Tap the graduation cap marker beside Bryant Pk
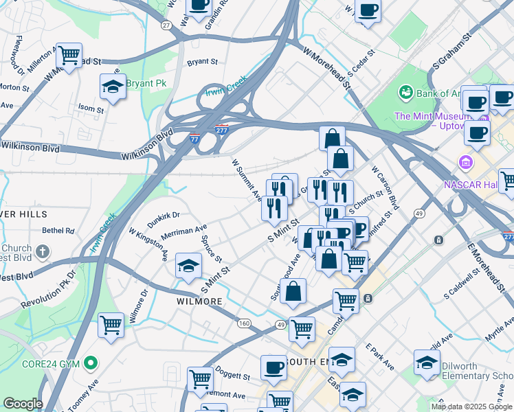click(113, 87)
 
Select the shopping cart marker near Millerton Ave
click(69, 55)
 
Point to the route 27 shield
click(166, 25)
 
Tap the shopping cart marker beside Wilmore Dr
click(111, 325)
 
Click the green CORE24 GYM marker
click(89, 363)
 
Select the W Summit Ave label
click(246, 180)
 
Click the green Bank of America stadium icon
click(405, 92)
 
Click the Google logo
click(23, 404)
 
